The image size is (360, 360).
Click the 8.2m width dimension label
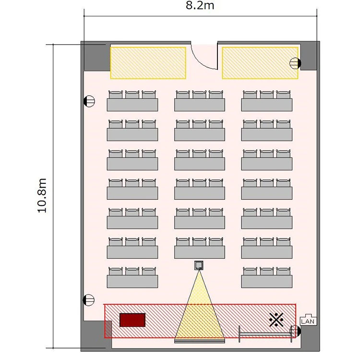[x=200, y=5]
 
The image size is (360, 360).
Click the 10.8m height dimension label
[x=42, y=195]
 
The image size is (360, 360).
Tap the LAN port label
[x=308, y=321]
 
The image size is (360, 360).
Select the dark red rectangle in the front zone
[x=132, y=320]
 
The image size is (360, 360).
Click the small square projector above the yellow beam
[x=199, y=265]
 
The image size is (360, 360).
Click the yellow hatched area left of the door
[x=148, y=63]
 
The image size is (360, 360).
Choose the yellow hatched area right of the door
[x=260, y=63]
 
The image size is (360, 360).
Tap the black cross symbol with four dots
[x=276, y=320]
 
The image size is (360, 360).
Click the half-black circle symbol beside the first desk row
[x=89, y=101]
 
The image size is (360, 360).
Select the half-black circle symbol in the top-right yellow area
[x=295, y=63]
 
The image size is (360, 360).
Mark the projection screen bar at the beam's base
[x=200, y=341]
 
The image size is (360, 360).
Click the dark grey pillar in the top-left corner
[x=97, y=58]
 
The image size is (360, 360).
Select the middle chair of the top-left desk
[x=132, y=95]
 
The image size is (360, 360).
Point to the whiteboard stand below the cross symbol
[x=265, y=334]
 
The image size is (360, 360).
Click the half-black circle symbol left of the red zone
[x=89, y=300]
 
